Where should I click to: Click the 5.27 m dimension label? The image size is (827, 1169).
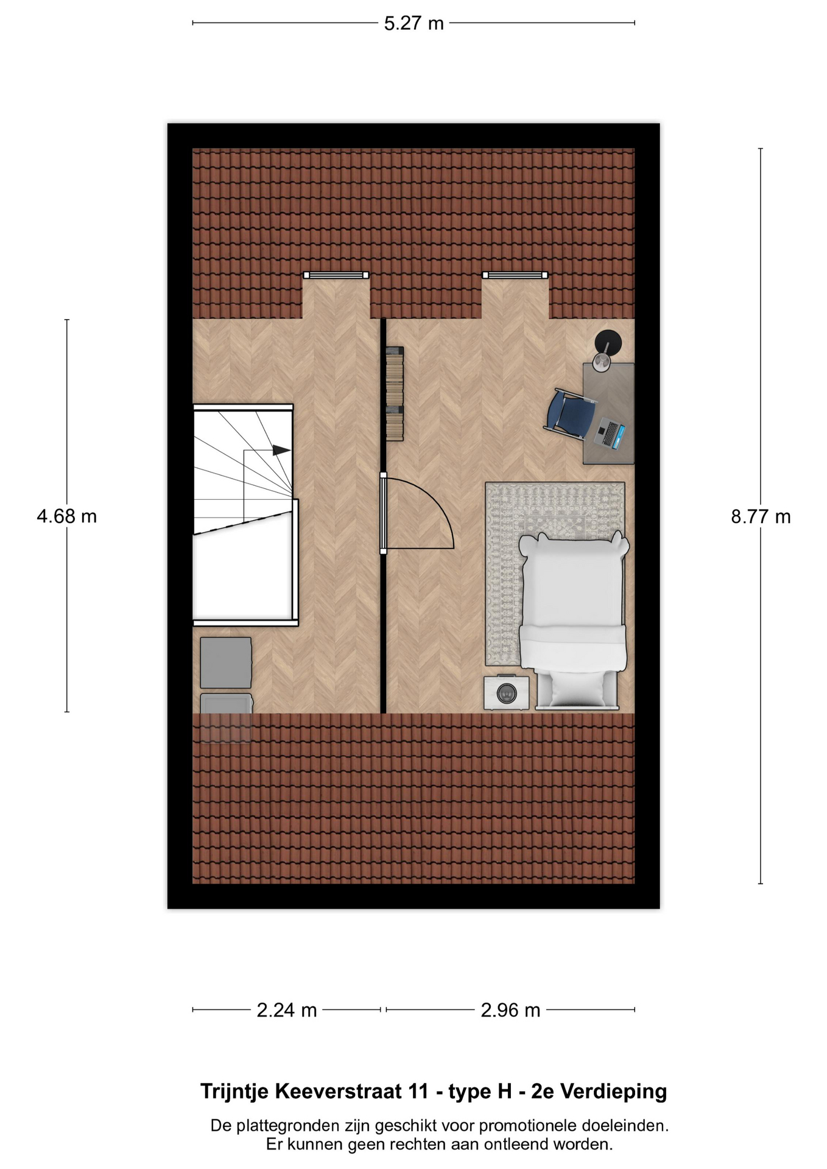(413, 24)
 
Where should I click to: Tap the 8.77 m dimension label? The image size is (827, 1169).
(761, 517)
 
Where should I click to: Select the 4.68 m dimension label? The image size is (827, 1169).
(67, 516)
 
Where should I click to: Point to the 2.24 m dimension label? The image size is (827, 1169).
(287, 1010)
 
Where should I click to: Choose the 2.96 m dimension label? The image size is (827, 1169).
(510, 1010)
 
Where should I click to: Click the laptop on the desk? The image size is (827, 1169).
(610, 433)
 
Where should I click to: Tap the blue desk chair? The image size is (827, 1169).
(570, 414)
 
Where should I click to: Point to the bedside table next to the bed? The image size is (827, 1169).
(507, 693)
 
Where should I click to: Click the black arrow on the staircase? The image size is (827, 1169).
(281, 450)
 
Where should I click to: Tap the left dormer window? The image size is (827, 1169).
(336, 275)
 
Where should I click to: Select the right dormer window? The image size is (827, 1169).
(515, 275)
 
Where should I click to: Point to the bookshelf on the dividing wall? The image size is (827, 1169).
(395, 393)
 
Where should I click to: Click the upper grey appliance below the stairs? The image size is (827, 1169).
(226, 662)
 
